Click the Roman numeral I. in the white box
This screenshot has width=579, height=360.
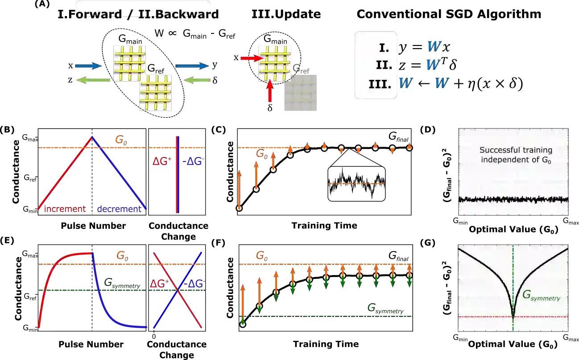point(384,47)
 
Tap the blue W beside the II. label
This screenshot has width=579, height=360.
point(432,65)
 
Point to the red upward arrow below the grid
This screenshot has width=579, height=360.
point(270,91)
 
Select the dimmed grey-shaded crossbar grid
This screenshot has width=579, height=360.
point(300,92)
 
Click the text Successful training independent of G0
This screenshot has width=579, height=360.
point(515,155)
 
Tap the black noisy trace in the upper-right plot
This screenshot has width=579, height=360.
point(513,199)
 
